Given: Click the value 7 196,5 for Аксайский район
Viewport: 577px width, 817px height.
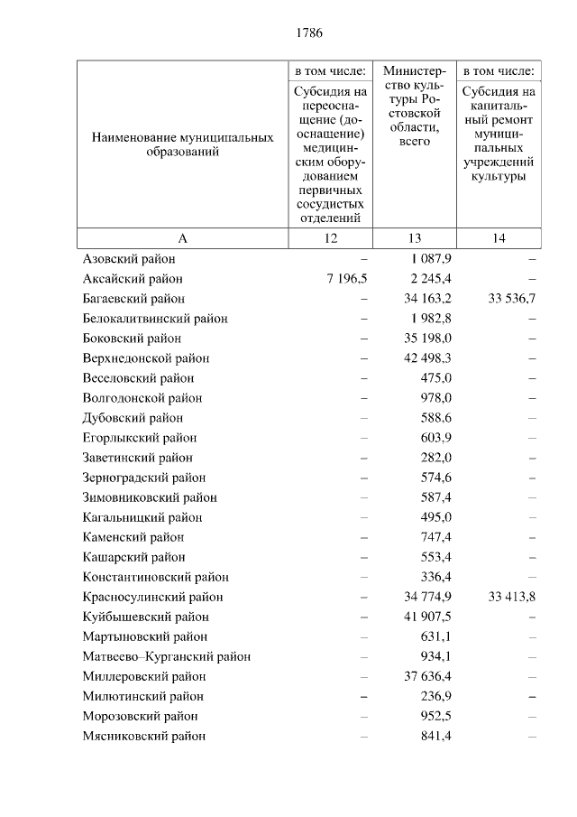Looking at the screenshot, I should (x=342, y=279).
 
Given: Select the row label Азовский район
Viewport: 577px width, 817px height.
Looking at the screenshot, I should (x=129, y=259).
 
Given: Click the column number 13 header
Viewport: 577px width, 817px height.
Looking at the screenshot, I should (x=415, y=238).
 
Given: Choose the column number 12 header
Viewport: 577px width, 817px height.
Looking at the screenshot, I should (x=330, y=238).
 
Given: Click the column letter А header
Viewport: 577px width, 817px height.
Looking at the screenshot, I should (x=182, y=238).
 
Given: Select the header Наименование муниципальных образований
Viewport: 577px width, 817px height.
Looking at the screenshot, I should (x=182, y=145).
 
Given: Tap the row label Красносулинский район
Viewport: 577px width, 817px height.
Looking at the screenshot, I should (x=152, y=597).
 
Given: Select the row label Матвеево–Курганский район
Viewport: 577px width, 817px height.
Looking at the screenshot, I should (x=167, y=656).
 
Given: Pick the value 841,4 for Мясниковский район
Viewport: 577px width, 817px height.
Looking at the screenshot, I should (x=436, y=736).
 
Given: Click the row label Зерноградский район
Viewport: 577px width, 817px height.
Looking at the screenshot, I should (x=144, y=478).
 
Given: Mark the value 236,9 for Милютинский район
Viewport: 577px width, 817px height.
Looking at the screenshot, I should (x=436, y=696).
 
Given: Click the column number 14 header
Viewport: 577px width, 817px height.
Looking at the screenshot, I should (x=499, y=238).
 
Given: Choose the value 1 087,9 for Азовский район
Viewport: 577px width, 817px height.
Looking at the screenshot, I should (x=430, y=259).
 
